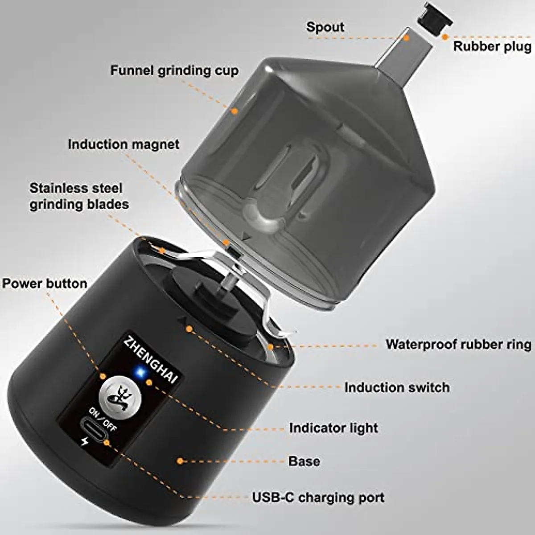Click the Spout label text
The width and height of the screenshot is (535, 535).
click(x=325, y=27)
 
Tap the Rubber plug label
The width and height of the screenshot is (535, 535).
click(x=492, y=46)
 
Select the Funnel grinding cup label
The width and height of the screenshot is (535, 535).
click(x=174, y=70)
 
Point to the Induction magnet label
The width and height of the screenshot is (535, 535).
click(x=123, y=144)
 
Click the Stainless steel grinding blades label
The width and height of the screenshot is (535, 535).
click(x=79, y=196)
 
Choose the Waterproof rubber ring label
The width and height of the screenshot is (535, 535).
click(x=458, y=345)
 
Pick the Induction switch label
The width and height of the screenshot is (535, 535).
click(x=397, y=387)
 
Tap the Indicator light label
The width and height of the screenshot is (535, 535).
click(x=333, y=428)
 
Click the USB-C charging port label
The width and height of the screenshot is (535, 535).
click(x=318, y=498)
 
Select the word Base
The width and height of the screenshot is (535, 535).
click(x=304, y=461)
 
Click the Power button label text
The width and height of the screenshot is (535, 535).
click(x=45, y=284)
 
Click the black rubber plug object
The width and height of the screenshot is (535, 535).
click(x=435, y=18)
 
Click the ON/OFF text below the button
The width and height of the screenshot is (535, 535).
click(x=103, y=419)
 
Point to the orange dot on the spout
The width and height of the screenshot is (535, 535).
click(x=407, y=38)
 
